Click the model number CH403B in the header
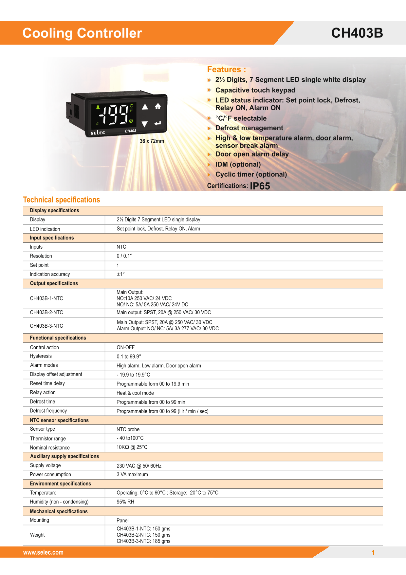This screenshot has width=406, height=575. (x=357, y=33)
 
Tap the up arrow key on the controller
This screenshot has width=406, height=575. (x=145, y=107)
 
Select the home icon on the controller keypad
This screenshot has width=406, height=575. (x=158, y=106)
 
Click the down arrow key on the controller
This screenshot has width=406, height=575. (x=145, y=124)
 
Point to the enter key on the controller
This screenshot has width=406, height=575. (x=158, y=123)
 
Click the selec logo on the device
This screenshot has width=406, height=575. (x=98, y=133)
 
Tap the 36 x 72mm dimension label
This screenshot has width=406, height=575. (x=152, y=141)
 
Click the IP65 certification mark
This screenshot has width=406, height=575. (x=260, y=186)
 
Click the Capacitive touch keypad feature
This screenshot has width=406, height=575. (x=255, y=90)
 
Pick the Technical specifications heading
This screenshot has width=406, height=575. (x=62, y=200)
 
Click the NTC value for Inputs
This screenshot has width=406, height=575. (x=121, y=247)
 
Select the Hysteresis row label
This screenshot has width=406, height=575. (x=41, y=356)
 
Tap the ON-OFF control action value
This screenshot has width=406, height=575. (x=126, y=347)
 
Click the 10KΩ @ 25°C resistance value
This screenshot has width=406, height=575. (x=132, y=447)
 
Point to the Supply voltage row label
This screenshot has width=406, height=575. (x=46, y=465)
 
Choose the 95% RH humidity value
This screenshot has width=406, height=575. (x=125, y=502)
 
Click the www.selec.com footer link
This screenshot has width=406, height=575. (x=43, y=552)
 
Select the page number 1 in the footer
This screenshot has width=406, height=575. (x=373, y=552)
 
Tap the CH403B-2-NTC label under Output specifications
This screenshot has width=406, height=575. (x=46, y=313)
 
